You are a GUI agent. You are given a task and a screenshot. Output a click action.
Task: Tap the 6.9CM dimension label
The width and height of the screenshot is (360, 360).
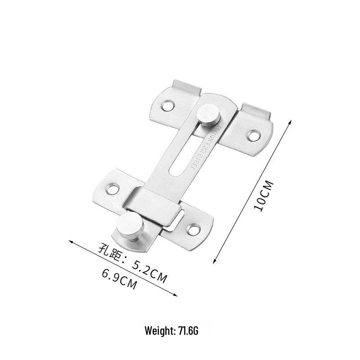tap(119, 278)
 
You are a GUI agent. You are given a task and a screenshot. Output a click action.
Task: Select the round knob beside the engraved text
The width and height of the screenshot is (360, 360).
tap(207, 114)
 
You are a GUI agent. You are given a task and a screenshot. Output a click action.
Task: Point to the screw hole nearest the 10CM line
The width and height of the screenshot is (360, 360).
tap(254, 135)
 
